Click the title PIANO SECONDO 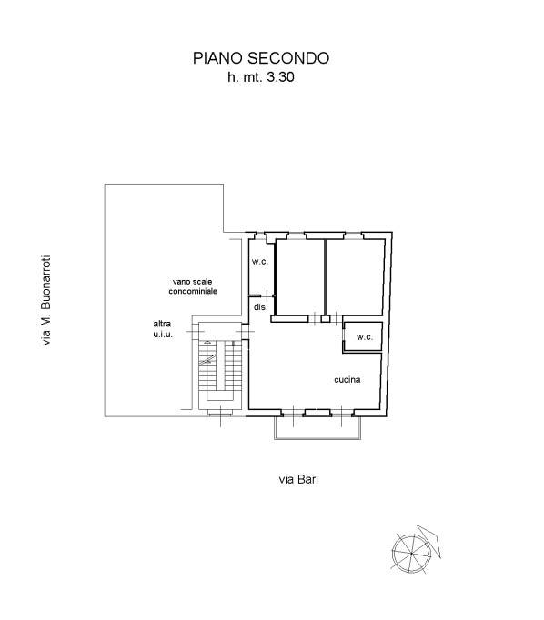(260, 58)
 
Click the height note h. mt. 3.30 (261, 79)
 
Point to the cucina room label (347, 379)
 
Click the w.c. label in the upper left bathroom (258, 263)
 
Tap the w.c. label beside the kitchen (365, 337)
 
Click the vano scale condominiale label (193, 285)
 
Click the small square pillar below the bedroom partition (325, 318)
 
